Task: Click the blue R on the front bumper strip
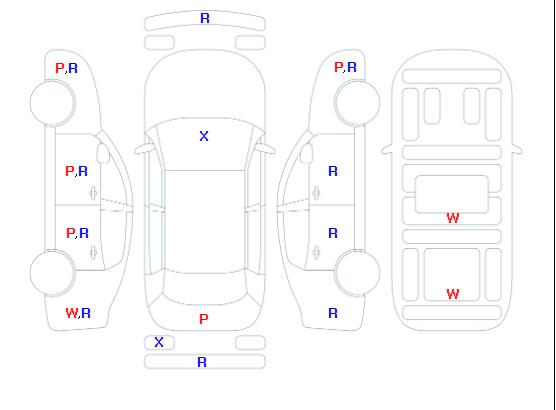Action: (205, 18)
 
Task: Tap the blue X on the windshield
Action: (204, 136)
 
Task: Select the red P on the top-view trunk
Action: (204, 319)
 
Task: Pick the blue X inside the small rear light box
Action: (159, 342)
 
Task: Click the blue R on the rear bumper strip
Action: (202, 362)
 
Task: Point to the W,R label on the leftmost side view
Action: (78, 313)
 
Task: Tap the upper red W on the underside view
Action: (453, 218)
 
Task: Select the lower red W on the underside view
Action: (453, 294)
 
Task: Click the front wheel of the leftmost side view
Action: (52, 103)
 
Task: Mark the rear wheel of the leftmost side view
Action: (52, 273)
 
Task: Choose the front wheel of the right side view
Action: (357, 103)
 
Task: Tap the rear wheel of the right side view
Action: (357, 273)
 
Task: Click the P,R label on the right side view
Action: (345, 67)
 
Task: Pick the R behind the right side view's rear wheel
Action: (333, 313)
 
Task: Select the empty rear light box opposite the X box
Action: (250, 343)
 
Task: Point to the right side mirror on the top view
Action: (267, 149)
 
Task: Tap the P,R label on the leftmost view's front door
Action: (76, 171)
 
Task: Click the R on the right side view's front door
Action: (333, 171)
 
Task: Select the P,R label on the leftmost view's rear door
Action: (77, 233)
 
